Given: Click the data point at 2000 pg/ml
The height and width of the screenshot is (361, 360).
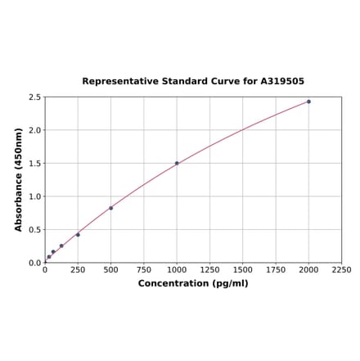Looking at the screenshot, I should (308, 102).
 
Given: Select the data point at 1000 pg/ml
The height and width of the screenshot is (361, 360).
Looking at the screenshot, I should (177, 163).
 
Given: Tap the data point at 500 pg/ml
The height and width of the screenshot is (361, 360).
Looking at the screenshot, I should (110, 208).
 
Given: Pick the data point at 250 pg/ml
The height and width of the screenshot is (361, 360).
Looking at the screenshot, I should (78, 235).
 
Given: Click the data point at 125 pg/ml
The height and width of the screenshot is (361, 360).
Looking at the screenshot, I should (61, 246).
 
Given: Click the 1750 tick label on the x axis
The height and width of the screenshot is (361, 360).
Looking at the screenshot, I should (276, 269).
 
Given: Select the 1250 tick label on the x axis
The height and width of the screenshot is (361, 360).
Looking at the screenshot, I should (209, 269).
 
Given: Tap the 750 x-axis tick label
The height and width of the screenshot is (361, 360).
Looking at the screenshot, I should (143, 269).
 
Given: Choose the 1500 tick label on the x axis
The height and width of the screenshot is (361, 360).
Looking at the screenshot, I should (242, 269).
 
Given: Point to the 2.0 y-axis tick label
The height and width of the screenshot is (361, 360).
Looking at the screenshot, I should (35, 130).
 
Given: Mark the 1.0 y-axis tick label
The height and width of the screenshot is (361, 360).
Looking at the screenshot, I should (35, 196).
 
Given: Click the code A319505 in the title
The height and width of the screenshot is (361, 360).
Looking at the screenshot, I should (282, 82).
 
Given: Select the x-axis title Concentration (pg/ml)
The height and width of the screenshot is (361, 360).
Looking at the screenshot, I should (193, 283).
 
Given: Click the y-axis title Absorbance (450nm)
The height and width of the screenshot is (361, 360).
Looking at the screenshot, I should (18, 179).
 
